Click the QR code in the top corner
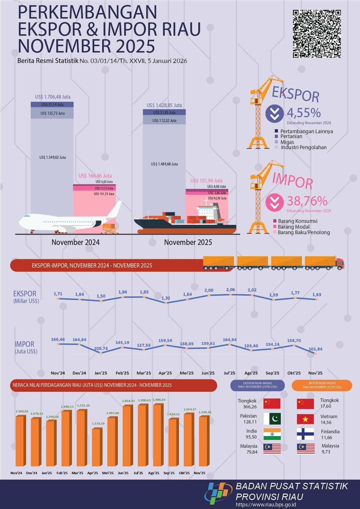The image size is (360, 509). [x=316, y=34]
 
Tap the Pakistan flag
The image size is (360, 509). [x=272, y=418]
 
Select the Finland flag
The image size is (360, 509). [x=305, y=434]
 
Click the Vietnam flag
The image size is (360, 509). [x=305, y=419]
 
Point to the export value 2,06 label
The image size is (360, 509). [x=230, y=290]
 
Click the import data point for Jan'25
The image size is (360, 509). [x=101, y=353]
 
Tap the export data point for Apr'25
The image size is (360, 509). [x=166, y=303]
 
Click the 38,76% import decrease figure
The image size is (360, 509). [x=307, y=201]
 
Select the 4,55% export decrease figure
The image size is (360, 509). [x=304, y=113]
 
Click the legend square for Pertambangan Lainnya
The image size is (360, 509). [x=276, y=131]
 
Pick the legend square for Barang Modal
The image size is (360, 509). [x=275, y=227]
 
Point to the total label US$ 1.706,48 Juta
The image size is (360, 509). [x=53, y=97]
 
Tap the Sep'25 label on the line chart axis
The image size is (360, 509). [x=272, y=373]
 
